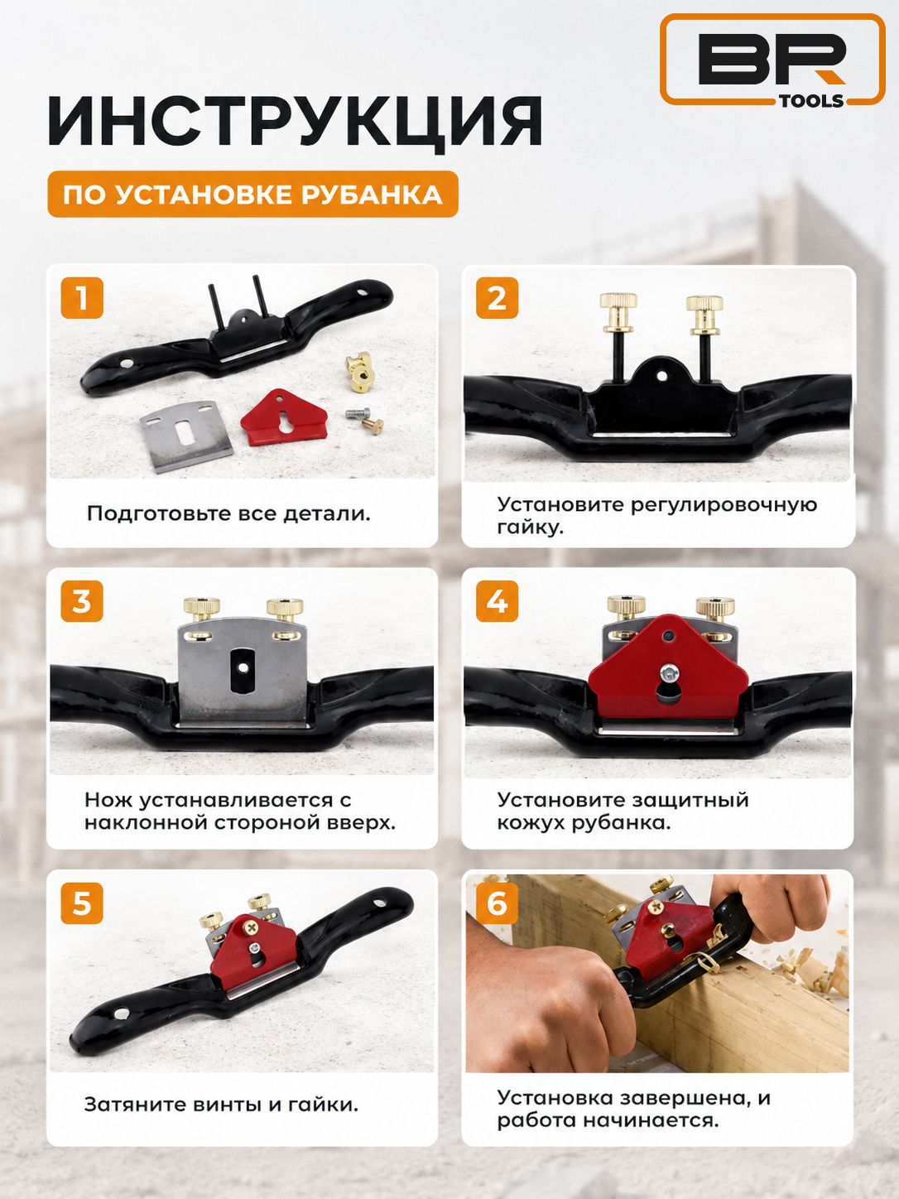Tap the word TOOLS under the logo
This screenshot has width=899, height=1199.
click(x=811, y=100)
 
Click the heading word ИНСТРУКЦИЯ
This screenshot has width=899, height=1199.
click(x=295, y=121)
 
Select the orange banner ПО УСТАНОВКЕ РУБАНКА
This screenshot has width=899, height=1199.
click(x=252, y=194)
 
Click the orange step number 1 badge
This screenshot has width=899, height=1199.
click(x=82, y=298)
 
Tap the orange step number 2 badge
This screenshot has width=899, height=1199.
click(x=497, y=298)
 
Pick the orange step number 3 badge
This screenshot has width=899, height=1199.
click(x=82, y=601)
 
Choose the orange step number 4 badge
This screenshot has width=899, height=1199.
click(x=497, y=601)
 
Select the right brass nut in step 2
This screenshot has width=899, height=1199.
click(x=704, y=315)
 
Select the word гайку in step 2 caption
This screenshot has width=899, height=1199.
click(x=530, y=527)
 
